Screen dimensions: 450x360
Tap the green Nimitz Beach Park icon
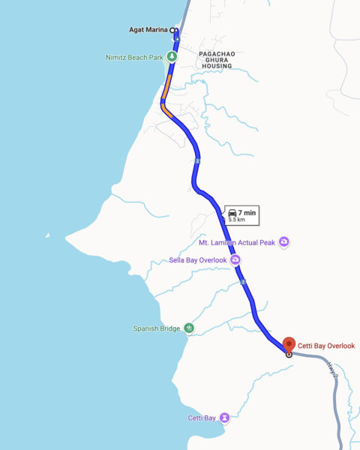(x=172, y=56)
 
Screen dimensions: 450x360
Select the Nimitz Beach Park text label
(x=134, y=56)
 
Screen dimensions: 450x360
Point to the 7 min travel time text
(x=247, y=213)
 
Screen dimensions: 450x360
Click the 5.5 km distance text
(x=236, y=220)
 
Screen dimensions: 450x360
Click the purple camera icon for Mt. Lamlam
(x=283, y=241)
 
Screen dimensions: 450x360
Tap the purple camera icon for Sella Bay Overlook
(x=235, y=260)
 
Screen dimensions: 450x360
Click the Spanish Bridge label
(x=156, y=328)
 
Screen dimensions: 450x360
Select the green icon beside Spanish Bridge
(x=188, y=328)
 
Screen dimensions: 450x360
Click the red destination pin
(x=289, y=345)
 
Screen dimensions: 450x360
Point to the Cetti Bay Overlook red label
(x=326, y=346)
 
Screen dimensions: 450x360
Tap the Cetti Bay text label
(x=202, y=417)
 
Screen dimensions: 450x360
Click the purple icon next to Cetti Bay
(x=225, y=417)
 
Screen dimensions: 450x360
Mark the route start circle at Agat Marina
(x=173, y=31)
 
